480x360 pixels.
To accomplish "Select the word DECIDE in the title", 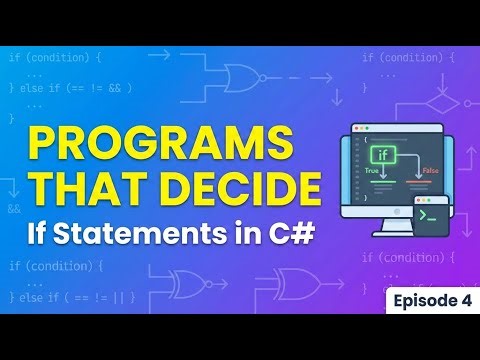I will coord(240,191).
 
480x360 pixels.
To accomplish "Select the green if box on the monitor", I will coord(383,156).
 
